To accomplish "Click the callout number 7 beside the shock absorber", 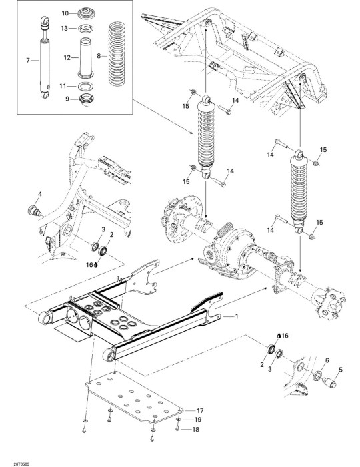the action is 28,61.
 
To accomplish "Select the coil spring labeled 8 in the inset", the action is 117,53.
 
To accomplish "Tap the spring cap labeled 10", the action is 86,14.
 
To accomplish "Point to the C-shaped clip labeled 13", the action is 86,29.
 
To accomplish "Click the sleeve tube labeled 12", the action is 86,58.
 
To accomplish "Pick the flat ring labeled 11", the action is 85,86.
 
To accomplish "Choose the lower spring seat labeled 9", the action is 86,99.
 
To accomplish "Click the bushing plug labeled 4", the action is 35,211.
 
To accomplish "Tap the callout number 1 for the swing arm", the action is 237,316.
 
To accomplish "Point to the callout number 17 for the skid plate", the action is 200,411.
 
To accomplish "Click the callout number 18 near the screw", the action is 196,429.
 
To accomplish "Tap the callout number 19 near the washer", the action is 198,420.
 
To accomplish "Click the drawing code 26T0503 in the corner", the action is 21,464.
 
